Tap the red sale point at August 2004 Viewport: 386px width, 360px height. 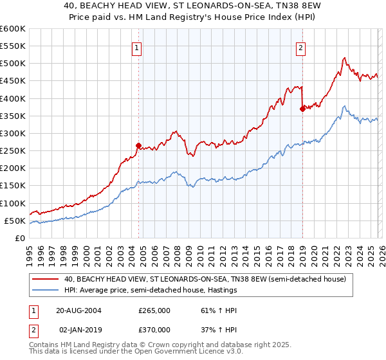coord(139,145)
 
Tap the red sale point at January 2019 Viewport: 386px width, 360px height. coord(302,109)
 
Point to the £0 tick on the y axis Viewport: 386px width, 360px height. coord(19,238)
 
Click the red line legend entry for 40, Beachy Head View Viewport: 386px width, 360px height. coord(205,279)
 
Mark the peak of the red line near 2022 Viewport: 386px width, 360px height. coord(344,58)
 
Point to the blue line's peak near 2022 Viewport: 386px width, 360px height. coord(344,106)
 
